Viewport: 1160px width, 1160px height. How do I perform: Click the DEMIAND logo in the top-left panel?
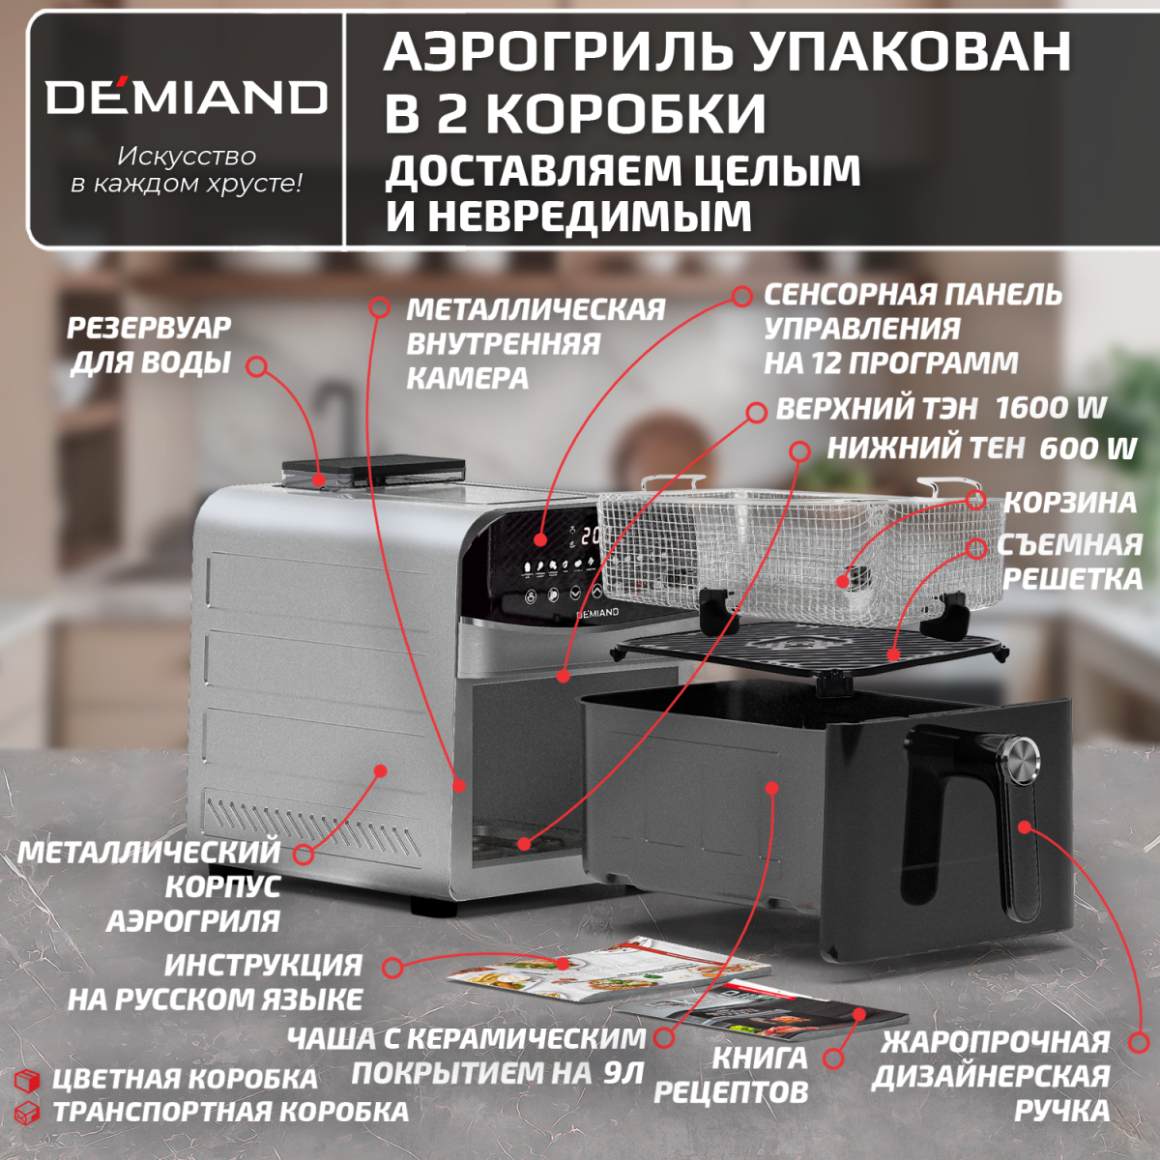[x=187, y=98]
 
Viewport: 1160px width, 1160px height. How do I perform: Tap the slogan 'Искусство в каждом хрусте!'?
[x=187, y=169]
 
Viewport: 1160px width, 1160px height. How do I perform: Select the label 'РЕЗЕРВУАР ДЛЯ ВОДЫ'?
[x=149, y=345]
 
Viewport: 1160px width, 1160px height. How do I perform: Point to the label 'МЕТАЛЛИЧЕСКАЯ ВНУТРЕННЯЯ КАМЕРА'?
[x=535, y=343]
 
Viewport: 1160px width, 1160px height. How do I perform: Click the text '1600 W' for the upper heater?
[x=1050, y=408]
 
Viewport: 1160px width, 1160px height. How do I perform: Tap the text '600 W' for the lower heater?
[x=1087, y=449]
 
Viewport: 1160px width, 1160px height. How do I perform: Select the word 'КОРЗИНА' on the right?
[x=1070, y=503]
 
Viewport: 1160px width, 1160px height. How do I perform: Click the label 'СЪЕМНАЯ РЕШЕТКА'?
[x=1070, y=562]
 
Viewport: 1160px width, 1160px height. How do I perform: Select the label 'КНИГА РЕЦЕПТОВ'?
[x=732, y=1074]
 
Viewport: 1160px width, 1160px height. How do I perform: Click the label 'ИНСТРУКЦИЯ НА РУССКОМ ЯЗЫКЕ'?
[x=215, y=981]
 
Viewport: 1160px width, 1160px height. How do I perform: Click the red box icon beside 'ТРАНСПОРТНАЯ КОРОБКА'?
[x=28, y=1112]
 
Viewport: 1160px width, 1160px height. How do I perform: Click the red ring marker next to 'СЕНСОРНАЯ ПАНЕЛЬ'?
[x=741, y=296]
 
